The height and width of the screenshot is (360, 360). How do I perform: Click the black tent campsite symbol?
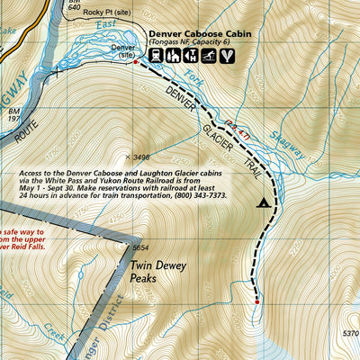pos(264,202)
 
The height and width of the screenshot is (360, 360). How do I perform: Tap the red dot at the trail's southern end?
pos(257,302)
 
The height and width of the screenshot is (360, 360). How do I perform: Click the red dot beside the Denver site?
pos(135,63)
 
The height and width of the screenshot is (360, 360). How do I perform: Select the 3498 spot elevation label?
pos(140,157)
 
